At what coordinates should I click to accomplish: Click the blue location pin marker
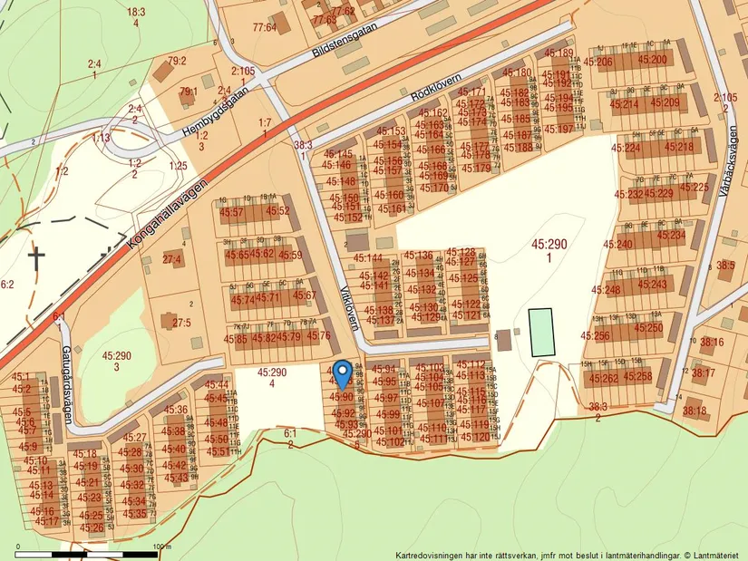point(342,372)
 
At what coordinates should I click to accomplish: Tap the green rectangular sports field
point(540,332)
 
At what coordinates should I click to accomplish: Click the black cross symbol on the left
point(35,256)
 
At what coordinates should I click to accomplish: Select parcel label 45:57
point(232,212)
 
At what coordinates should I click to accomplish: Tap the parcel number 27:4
point(172,260)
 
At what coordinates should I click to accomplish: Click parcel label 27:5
point(181,322)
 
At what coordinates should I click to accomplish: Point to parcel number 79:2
point(176,61)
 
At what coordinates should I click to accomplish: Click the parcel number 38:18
point(695,411)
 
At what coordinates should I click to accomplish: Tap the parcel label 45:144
point(368,257)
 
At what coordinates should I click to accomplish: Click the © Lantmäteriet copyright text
point(713,555)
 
